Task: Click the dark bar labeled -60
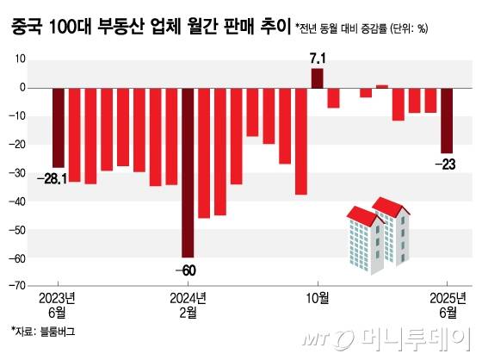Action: (x=187, y=172)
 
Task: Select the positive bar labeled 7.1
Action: (x=317, y=78)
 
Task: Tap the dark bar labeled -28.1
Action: (x=59, y=127)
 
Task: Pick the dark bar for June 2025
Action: (x=447, y=120)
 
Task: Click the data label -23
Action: (x=448, y=164)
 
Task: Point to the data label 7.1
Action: (x=318, y=59)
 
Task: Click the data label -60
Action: (x=187, y=270)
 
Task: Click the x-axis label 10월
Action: (x=318, y=298)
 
